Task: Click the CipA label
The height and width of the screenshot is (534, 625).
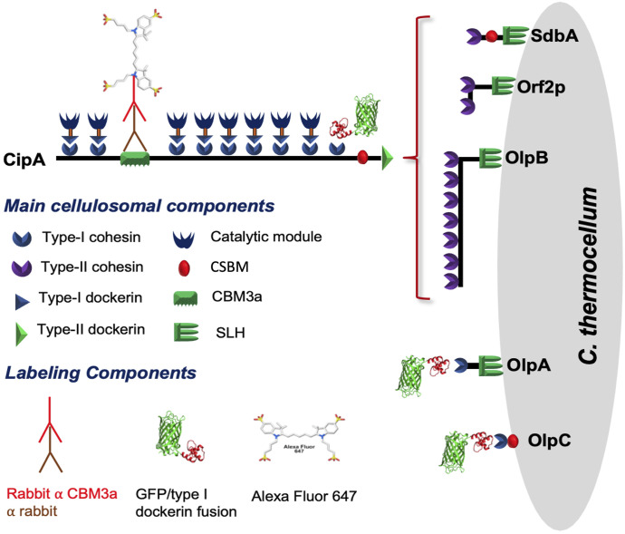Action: (24, 160)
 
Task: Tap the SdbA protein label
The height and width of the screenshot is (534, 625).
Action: (554, 35)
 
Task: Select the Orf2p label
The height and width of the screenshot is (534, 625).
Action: (541, 87)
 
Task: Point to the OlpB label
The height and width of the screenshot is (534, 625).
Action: (526, 158)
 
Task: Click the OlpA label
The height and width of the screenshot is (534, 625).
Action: (529, 364)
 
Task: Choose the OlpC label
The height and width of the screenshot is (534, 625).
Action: (549, 441)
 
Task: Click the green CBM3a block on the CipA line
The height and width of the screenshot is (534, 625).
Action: (135, 159)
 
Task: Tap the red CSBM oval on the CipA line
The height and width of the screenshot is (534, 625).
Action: (362, 157)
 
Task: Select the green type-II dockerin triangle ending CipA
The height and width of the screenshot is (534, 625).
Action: (388, 158)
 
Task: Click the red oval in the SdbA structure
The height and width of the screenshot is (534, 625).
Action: (491, 36)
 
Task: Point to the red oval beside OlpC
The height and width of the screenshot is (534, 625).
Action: (513, 441)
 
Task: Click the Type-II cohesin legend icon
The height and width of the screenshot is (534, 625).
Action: (21, 268)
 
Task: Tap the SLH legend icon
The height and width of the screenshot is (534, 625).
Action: (187, 332)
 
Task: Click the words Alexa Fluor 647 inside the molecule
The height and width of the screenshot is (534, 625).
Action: (299, 449)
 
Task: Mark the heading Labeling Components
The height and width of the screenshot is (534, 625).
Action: (101, 373)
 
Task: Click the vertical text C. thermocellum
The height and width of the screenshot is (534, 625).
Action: (588, 276)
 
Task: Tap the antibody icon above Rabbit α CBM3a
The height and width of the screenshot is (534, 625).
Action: (50, 434)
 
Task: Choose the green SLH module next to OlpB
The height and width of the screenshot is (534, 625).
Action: (490, 158)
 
